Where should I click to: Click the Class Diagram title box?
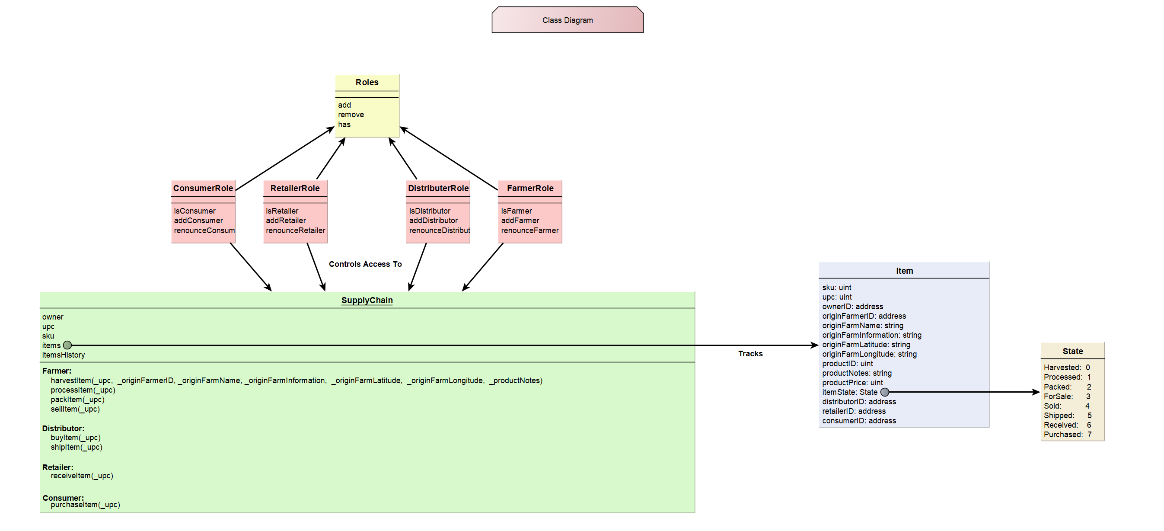(567, 20)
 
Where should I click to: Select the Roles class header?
(367, 82)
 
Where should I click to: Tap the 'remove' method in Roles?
(351, 115)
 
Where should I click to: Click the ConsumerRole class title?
(203, 188)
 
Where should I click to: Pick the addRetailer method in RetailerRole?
(286, 221)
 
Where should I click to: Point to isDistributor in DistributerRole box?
(429, 211)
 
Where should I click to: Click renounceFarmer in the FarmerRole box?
(529, 230)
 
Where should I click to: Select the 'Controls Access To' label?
(365, 264)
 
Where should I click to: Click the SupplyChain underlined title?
(367, 300)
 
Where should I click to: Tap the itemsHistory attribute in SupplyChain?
(63, 355)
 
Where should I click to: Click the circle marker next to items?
(67, 345)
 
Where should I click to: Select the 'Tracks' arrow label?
(749, 354)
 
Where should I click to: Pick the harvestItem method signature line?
(296, 381)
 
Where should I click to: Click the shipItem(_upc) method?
(77, 448)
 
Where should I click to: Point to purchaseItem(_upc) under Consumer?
(85, 505)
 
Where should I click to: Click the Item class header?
(904, 271)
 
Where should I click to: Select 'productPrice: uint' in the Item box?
(852, 383)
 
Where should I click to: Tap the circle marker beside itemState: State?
(884, 392)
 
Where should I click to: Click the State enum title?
(1072, 351)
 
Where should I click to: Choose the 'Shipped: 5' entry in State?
(1067, 416)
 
